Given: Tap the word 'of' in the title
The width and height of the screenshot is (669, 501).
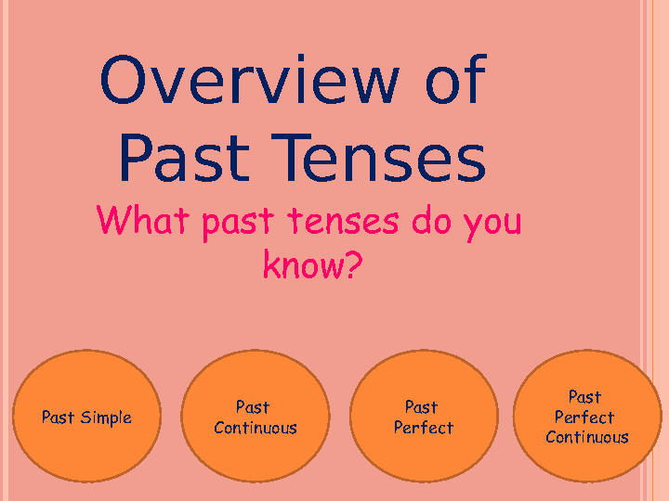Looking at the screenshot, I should point(454,80).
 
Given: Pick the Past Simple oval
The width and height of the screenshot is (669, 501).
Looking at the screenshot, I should point(86,417).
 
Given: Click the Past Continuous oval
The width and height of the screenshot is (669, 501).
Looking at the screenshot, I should point(255,417).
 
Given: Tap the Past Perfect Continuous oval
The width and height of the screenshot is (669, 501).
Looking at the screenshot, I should point(586,417).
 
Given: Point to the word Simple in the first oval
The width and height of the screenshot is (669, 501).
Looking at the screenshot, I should point(106,417).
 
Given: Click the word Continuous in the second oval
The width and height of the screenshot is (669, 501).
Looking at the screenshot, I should point(256,428).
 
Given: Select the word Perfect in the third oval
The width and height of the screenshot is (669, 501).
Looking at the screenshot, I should point(424,428).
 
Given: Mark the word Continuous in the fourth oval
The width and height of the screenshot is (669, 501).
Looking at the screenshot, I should point(587,437).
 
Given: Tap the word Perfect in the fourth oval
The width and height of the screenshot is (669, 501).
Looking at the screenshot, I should point(584,417).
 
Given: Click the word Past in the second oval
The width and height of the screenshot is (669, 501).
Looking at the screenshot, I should point(253,407).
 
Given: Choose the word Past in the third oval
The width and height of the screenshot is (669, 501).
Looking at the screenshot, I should point(422,407).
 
